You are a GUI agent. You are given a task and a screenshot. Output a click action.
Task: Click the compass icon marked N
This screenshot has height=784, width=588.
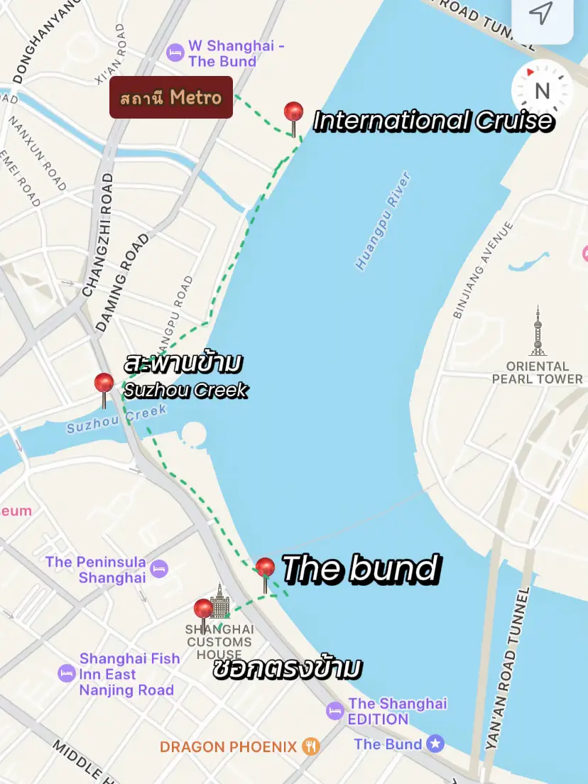tap(542, 91)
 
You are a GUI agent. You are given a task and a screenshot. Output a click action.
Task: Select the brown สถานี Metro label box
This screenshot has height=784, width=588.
tap(170, 97)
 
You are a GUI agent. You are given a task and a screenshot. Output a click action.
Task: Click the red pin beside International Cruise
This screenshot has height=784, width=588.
tap(293, 114)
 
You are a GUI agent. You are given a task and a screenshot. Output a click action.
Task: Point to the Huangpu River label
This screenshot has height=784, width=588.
tap(383, 220)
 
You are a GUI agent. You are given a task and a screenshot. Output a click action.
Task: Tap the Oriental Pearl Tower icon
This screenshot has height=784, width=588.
tap(538, 331)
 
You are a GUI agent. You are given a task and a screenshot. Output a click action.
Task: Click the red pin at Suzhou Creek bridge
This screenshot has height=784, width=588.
tap(104, 385)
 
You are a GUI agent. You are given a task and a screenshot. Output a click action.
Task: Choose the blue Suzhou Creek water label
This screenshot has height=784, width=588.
tap(116, 419)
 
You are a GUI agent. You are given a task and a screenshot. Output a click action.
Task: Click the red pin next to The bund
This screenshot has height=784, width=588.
tap(265, 569)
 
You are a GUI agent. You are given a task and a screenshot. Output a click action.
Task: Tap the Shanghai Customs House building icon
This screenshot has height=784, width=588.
tap(220, 602)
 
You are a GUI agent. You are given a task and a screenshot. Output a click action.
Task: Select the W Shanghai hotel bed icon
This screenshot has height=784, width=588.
tap(174, 53)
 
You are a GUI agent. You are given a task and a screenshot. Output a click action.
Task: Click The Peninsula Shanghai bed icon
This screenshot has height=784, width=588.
tap(159, 568)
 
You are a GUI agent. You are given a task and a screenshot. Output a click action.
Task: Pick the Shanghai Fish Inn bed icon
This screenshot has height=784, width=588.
tap(67, 673)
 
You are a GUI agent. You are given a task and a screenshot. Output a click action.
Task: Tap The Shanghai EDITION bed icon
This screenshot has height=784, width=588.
tap(335, 710)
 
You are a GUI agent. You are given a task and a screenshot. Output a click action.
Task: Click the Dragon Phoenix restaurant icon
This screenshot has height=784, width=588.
tap(310, 746)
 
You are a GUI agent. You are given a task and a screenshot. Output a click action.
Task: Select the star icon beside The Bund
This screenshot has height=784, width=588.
tap(435, 744)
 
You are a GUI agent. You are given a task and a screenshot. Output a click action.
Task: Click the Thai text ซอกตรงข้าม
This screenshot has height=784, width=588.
tap(288, 669)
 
